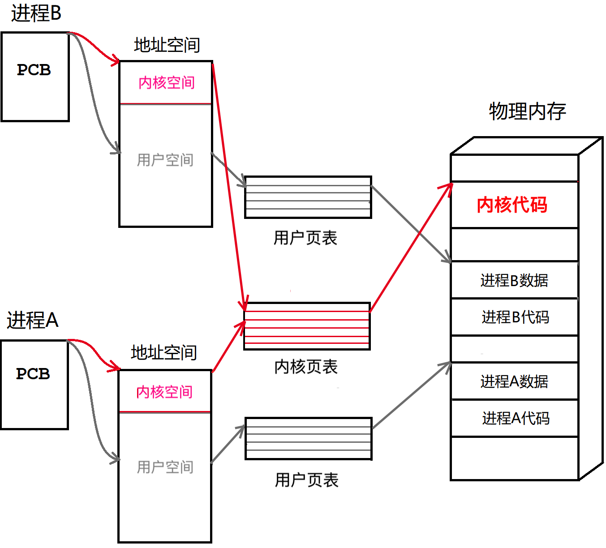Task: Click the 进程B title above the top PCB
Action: pos(36,13)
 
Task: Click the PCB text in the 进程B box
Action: pos(34,70)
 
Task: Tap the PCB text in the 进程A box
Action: pos(33,374)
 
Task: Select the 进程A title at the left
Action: pos(32,321)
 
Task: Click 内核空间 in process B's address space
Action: pos(166,83)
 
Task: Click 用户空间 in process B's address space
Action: pos(165,160)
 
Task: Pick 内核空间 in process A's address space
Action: pos(164,392)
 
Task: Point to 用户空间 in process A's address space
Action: pos(165,467)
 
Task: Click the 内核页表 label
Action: pos(306,367)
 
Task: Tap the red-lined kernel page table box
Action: pos(307,326)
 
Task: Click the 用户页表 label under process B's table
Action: pos(305,238)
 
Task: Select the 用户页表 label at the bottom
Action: pos(307,480)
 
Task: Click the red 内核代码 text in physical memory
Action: pos(512,205)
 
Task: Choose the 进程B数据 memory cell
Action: pos(514,281)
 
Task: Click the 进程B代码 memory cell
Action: pos(515,317)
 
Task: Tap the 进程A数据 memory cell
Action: pos(514,382)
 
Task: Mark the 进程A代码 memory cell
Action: pos(516,419)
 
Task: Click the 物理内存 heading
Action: pos(527,111)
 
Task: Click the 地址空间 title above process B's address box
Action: pos(167,45)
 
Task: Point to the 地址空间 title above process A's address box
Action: pos(164,353)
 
